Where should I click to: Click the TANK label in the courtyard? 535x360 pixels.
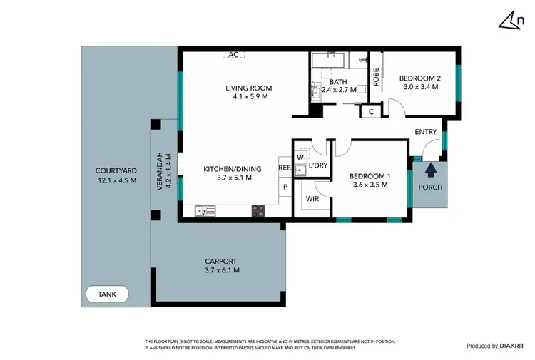106,293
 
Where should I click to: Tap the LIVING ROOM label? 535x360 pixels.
249,88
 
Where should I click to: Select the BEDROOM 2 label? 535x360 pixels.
419,78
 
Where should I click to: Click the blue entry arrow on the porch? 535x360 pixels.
429,170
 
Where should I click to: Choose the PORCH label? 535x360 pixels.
430,187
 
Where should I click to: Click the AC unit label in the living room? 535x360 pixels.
233,54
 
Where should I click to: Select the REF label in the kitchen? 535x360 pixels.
284,168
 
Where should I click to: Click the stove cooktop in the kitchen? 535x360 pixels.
258,210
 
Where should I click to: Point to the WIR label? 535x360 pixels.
312,199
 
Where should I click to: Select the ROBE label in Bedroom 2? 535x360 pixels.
375,76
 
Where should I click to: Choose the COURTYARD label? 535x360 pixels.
116,170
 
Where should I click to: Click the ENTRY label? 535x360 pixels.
427,132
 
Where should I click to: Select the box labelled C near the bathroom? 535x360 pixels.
371,111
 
